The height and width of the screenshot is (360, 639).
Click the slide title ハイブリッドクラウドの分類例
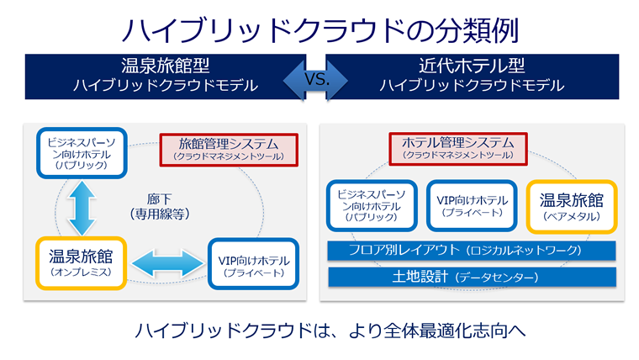319,28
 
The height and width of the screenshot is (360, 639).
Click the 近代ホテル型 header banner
471,75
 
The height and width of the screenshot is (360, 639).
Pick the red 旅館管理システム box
229,149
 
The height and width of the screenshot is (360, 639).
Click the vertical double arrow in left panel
82,208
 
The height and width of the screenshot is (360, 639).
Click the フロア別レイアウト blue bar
470,251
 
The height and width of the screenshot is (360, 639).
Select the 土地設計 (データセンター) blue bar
470,277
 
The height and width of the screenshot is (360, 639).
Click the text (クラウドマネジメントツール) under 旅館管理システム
229,156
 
